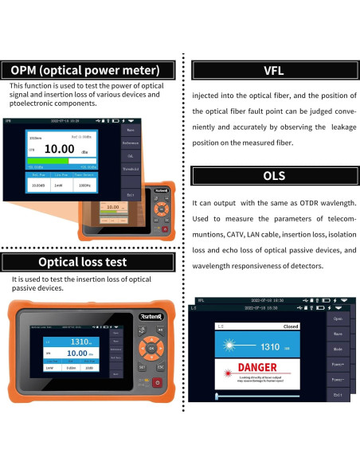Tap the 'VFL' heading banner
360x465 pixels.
click(x=273, y=71)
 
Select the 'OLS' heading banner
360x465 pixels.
click(x=273, y=175)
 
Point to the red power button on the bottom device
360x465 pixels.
click(x=156, y=383)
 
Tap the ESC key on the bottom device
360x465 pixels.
click(x=159, y=366)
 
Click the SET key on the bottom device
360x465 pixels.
click(x=142, y=367)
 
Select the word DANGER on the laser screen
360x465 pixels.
click(x=257, y=369)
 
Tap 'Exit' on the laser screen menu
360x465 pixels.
click(x=338, y=394)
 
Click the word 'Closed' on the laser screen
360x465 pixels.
click(x=291, y=327)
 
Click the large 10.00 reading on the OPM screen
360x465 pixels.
click(x=60, y=149)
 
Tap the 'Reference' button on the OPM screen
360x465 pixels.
click(x=131, y=143)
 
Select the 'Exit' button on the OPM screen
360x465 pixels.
click(x=131, y=193)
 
